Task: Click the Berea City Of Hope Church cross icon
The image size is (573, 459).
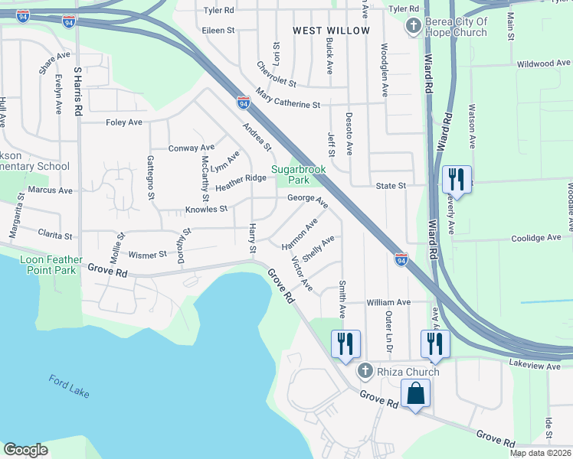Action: pos(413,27)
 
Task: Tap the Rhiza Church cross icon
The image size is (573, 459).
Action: pos(366,372)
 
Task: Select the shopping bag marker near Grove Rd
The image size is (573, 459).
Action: pos(415,394)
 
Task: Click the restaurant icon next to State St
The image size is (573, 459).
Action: pos(457,181)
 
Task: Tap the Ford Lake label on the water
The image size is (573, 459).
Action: pos(69,386)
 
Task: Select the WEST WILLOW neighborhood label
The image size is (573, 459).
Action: pos(331,31)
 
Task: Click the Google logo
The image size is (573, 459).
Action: pos(25,450)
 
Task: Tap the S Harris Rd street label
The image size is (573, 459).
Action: pos(77,90)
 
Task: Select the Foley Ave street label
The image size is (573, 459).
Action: pos(124,122)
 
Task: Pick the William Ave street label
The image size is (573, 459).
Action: pos(388,303)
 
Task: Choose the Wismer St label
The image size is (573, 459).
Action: pos(147,254)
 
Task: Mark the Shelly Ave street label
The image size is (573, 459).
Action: pos(318,249)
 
